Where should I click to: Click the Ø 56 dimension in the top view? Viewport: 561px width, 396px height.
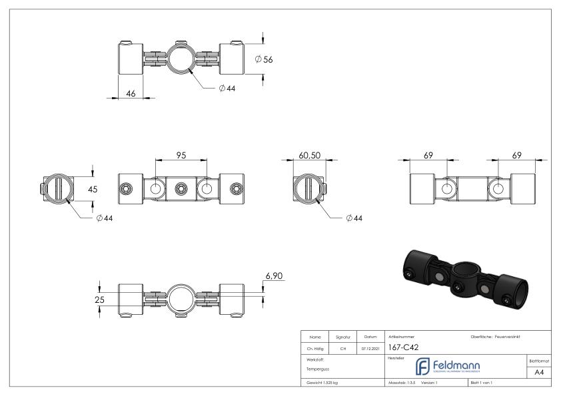pyautogui.click(x=265, y=59)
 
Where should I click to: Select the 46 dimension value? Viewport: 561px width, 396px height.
pyautogui.click(x=131, y=94)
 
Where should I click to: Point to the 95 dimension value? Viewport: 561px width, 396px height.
pyautogui.click(x=181, y=155)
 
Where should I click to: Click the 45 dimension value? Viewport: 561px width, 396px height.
pyautogui.click(x=93, y=189)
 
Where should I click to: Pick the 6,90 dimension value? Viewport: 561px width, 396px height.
pyautogui.click(x=275, y=274)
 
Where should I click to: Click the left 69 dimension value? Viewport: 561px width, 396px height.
pyautogui.click(x=428, y=155)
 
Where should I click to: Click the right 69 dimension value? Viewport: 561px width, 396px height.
pyautogui.click(x=516, y=155)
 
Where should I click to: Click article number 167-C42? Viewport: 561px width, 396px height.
pyautogui.click(x=403, y=346)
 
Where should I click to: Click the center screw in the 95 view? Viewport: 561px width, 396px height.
pyautogui.click(x=180, y=190)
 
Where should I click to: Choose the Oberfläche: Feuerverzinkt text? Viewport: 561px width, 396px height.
pyautogui.click(x=495, y=336)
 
